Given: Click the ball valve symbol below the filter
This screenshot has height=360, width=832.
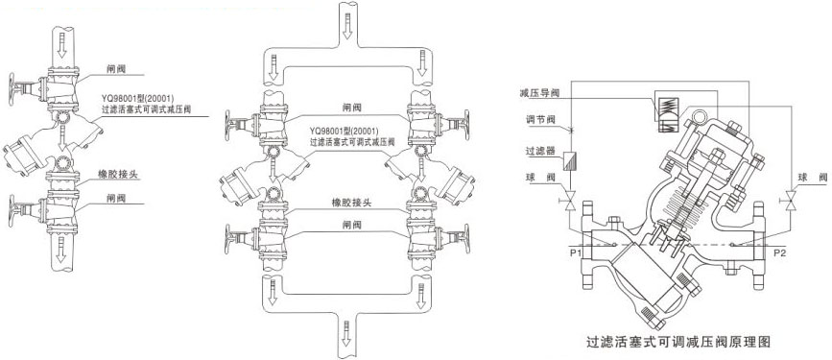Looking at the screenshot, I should pyautogui.click(x=569, y=203).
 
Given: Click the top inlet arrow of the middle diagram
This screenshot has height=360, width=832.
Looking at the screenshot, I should pyautogui.click(x=345, y=22).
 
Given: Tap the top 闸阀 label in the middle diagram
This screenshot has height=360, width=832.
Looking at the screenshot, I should pyautogui.click(x=352, y=108).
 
